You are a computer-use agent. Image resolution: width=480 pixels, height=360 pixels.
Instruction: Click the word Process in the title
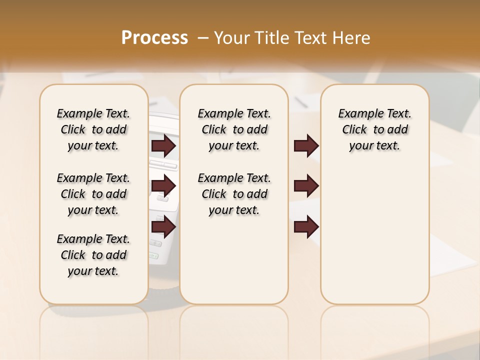coord(154,38)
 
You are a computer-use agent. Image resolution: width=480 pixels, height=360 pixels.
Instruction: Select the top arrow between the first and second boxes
coord(163,145)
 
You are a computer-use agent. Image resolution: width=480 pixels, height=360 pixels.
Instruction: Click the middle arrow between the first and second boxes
coord(163,186)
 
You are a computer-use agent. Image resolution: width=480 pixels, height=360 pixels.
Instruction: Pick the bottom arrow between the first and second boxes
coord(163,227)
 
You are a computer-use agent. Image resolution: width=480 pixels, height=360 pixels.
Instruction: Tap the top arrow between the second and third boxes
coord(306,145)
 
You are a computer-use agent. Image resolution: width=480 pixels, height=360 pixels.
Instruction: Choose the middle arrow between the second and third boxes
coord(306,186)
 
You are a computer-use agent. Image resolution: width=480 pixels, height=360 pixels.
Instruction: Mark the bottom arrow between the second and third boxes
coord(306,227)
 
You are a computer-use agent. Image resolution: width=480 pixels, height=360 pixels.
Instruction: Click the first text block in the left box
coord(93,129)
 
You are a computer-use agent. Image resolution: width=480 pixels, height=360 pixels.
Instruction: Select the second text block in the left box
coord(93,194)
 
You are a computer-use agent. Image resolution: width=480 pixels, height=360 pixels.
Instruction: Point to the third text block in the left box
coord(93,255)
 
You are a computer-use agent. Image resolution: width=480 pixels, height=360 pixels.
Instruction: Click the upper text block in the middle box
coord(234,129)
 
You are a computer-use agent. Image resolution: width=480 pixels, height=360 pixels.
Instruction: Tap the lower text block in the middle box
coord(234,194)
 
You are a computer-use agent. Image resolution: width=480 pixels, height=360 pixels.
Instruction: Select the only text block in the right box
coord(374,129)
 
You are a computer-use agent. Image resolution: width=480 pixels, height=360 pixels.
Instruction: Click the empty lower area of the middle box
coord(234,260)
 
